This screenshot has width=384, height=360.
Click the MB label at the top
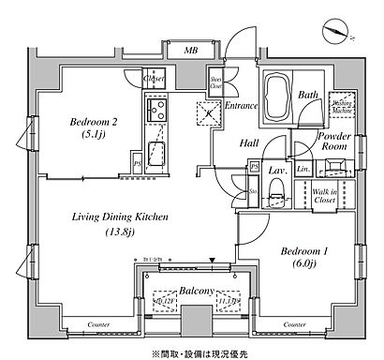pyautogui.click(x=191, y=49)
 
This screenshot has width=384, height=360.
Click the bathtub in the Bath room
pyautogui.click(x=277, y=97)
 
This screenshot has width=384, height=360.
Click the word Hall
pyautogui.click(x=247, y=143)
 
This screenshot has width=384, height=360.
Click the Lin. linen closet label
pyautogui.click(x=303, y=170)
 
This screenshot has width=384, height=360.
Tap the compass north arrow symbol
pyautogui.click(x=336, y=30)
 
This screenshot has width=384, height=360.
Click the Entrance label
pyautogui.click(x=241, y=106)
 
